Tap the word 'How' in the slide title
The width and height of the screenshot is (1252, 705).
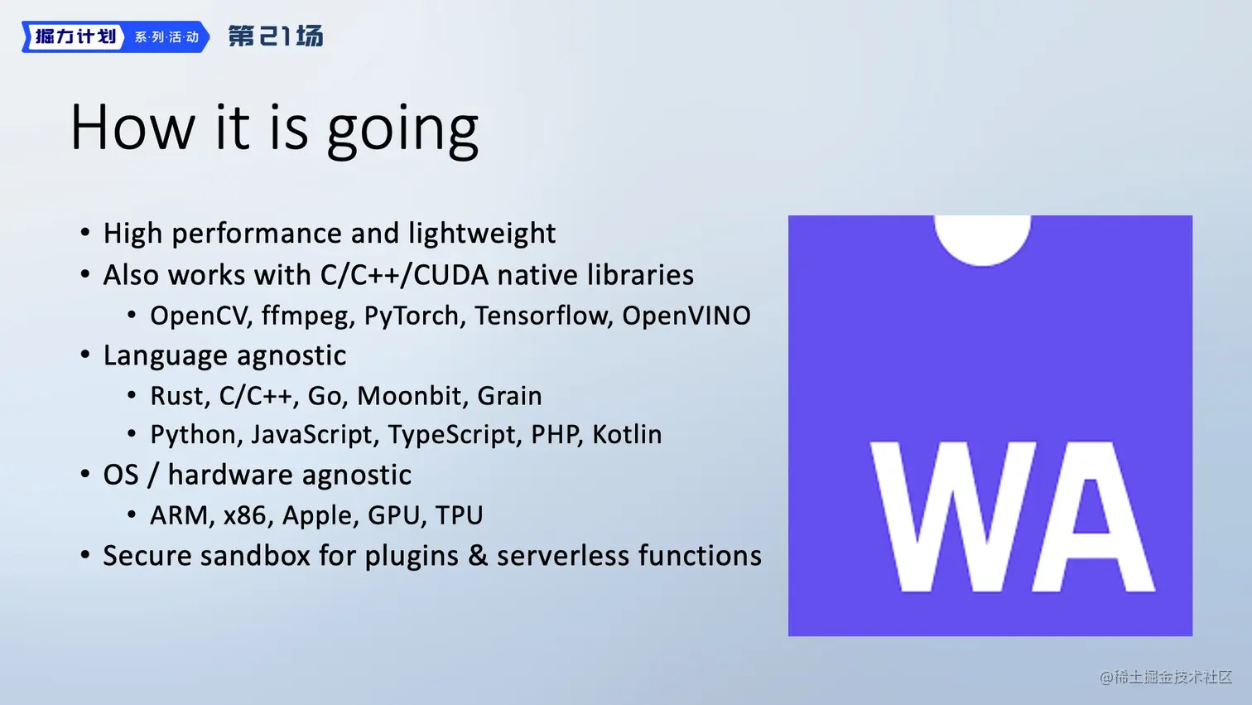[132, 127]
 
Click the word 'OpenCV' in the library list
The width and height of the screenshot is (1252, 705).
[198, 316]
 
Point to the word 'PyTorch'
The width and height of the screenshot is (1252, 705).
[412, 316]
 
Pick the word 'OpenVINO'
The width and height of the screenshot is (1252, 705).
[686, 316]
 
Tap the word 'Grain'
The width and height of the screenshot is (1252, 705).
[509, 396]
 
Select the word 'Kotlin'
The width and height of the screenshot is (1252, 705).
[627, 434]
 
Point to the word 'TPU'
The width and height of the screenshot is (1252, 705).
[459, 515]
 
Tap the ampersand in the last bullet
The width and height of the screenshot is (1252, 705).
[477, 556]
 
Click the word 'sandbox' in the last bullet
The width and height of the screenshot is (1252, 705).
[254, 556]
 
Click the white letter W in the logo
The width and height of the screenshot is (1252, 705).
[954, 517]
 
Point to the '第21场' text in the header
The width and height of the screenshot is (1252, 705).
[276, 36]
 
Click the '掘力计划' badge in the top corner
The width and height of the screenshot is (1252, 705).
[75, 37]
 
